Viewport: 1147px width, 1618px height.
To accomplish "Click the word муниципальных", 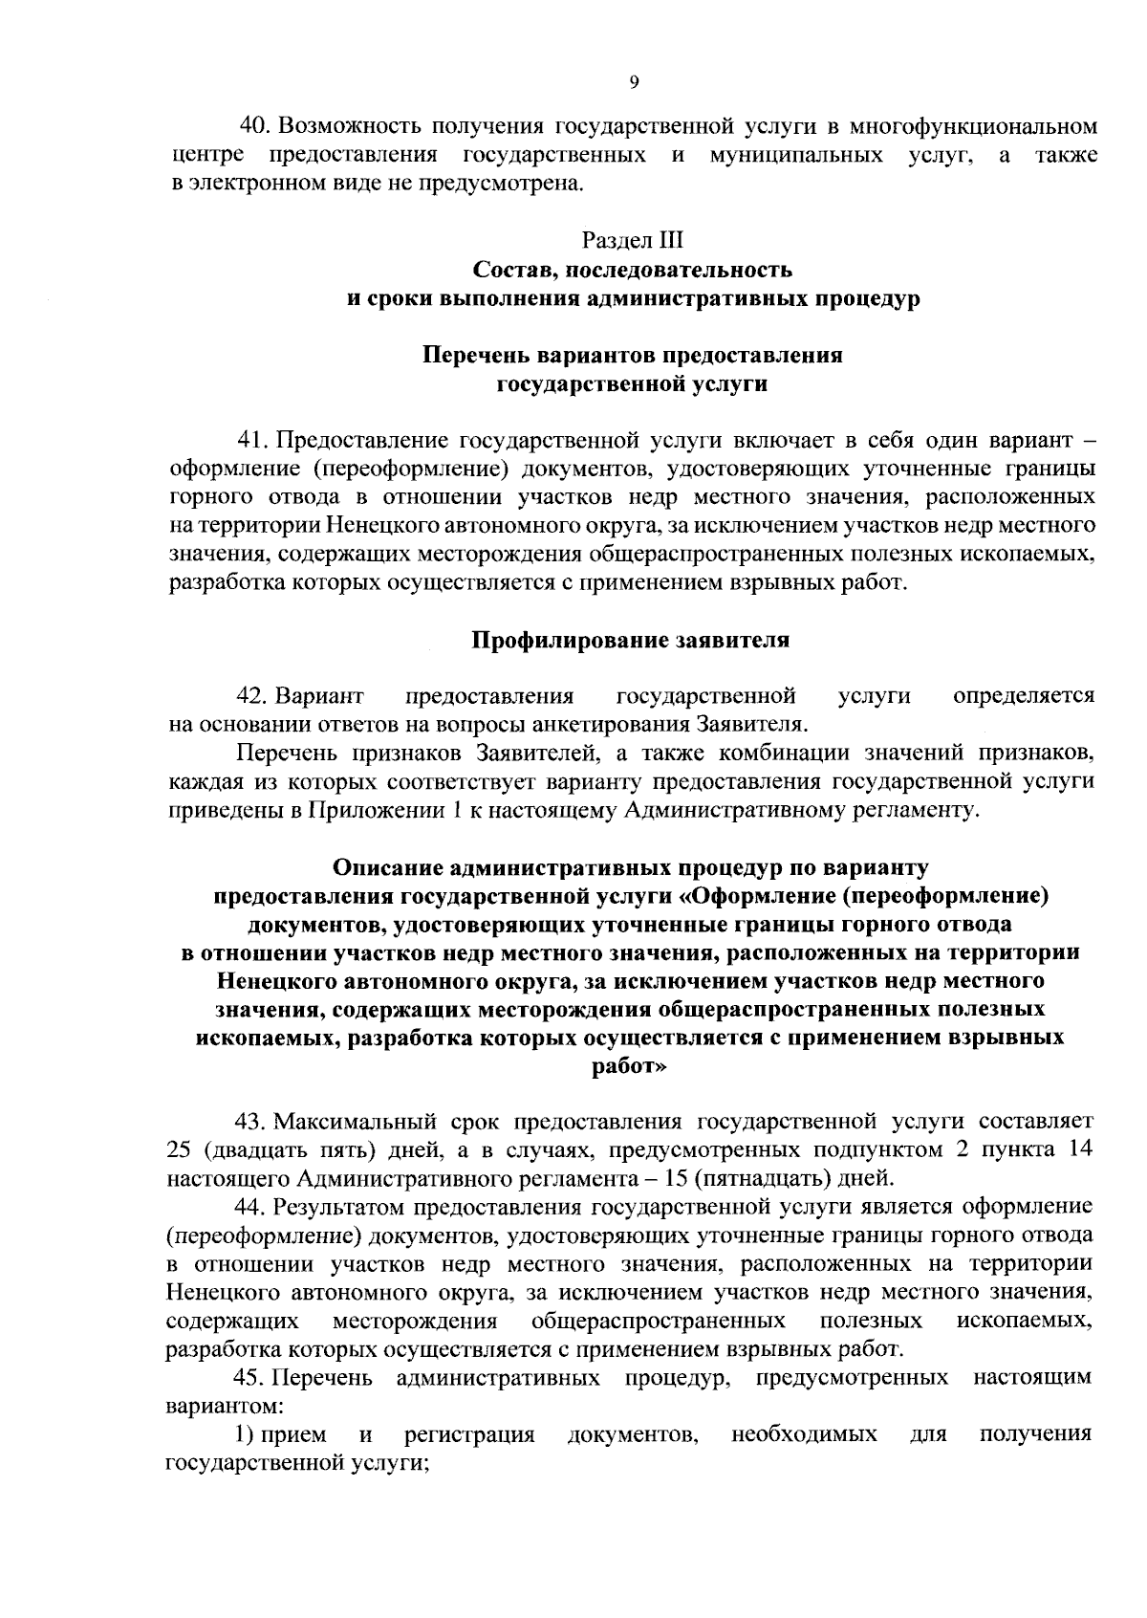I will [x=796, y=155].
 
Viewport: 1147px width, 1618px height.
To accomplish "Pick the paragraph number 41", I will [x=252, y=441].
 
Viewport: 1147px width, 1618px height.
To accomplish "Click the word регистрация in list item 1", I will [x=469, y=1435].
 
